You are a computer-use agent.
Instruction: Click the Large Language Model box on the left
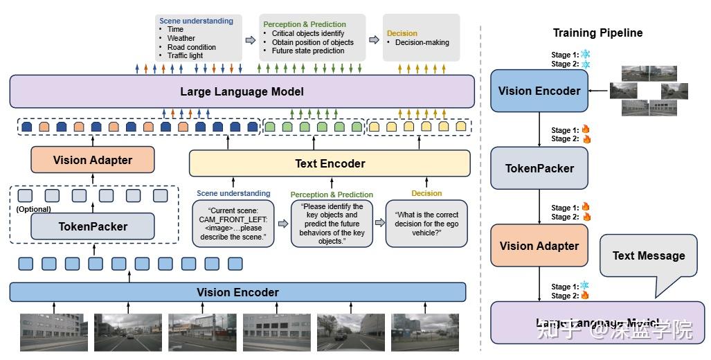pos(242,91)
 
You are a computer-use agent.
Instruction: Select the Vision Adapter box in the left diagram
pos(92,160)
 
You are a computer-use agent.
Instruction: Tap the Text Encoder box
pos(330,163)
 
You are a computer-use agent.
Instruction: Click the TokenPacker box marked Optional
pos(92,226)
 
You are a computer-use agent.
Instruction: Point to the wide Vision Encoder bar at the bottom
pos(237,292)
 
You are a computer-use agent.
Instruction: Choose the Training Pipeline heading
pos(597,33)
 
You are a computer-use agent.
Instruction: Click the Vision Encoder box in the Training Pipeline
pos(539,91)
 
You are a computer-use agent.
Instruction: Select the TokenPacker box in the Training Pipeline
pos(539,168)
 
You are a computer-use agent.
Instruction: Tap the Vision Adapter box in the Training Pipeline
pos(539,246)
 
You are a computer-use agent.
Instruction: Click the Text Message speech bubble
pos(648,255)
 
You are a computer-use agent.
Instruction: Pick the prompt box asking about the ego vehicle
pos(426,224)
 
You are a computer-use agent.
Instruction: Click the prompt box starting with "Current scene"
pos(233,224)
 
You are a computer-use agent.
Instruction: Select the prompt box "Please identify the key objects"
pos(332,224)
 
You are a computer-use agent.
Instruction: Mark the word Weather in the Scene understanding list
pos(181,38)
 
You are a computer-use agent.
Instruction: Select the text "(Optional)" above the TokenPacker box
pos(34,209)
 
